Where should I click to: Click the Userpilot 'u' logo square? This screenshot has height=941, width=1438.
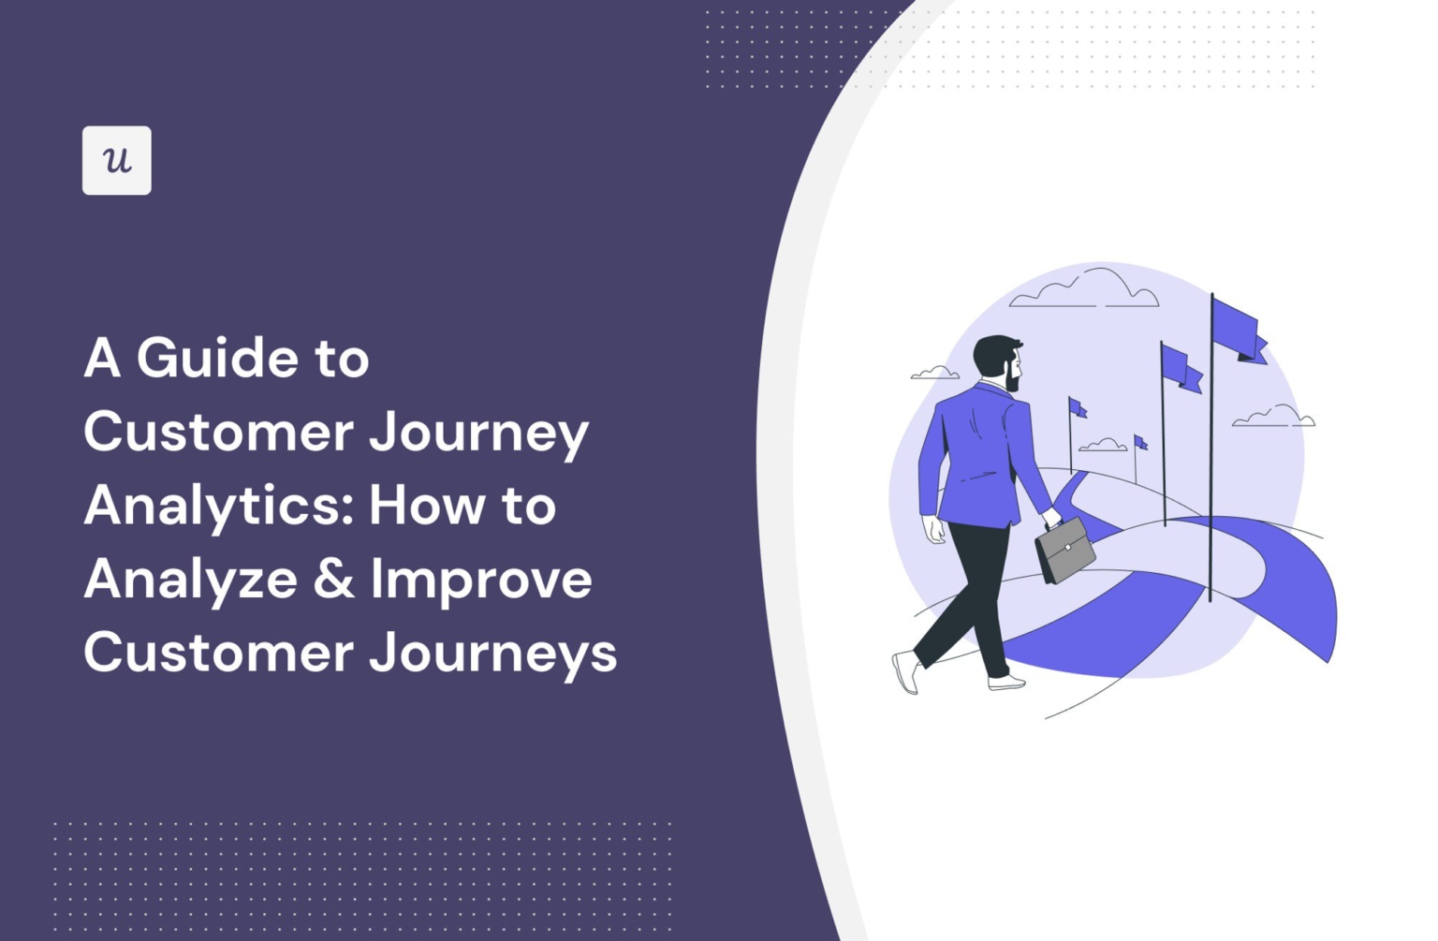pos(116,160)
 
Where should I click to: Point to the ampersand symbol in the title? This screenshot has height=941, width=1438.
pos(333,579)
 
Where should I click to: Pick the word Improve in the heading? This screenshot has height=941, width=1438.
pos(481,581)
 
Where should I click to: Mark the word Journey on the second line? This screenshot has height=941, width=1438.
pos(478,434)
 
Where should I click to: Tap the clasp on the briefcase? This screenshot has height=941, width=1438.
pos(1067,548)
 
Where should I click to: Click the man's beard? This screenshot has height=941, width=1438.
pos(1011,379)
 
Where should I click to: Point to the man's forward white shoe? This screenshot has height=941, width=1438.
pos(1006,683)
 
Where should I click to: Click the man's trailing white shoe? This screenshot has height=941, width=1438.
pos(905,672)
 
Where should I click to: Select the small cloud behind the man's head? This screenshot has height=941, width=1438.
pos(934,373)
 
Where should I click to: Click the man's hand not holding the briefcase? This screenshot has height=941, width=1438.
pos(934,530)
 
